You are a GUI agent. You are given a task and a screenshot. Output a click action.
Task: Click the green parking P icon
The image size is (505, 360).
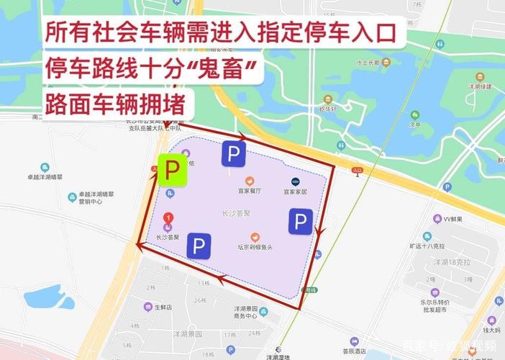point(172,171)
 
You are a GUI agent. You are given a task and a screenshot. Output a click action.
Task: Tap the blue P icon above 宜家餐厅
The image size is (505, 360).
point(233,153)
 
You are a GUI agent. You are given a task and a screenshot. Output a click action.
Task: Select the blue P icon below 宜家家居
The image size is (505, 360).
point(301,221)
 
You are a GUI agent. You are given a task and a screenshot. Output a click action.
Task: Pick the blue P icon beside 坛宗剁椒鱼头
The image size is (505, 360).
point(199,246)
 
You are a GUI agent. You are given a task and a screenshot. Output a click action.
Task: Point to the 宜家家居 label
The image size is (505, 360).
point(294,192)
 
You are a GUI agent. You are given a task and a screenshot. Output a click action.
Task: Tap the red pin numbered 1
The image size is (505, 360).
point(168,217)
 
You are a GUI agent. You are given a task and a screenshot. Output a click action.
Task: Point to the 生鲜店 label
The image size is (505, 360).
point(163,306)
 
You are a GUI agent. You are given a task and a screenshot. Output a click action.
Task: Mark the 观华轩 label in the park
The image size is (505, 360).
point(328,109)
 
